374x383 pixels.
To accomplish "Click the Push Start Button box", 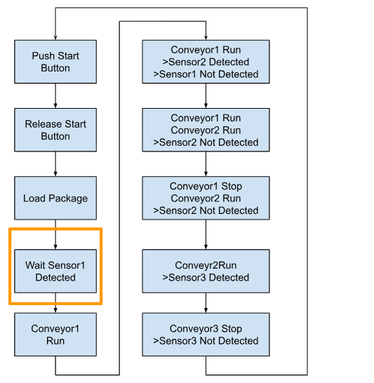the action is click(x=55, y=62).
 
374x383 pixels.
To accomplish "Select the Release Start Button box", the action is click(x=55, y=130).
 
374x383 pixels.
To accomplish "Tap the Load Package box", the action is click(x=55, y=198).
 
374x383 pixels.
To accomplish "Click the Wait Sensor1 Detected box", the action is click(x=55, y=271).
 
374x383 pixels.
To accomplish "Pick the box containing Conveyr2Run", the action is click(x=206, y=271).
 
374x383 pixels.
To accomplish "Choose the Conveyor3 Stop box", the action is click(x=206, y=335).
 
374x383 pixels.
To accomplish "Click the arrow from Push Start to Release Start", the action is click(x=55, y=95).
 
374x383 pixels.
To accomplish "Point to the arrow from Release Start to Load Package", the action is click(x=55, y=164).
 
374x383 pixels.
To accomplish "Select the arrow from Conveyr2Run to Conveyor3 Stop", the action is click(x=206, y=302).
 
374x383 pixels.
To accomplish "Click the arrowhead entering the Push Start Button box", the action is click(x=55, y=38).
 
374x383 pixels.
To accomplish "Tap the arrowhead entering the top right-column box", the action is click(x=206, y=38).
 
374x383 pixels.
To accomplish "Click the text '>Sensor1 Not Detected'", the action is click(x=206, y=74).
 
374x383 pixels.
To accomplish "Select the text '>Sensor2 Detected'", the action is click(x=206, y=62).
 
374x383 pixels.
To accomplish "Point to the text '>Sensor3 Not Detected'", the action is click(x=206, y=341).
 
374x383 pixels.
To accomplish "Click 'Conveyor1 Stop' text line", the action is click(x=206, y=187).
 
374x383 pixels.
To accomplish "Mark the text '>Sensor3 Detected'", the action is click(x=206, y=278).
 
